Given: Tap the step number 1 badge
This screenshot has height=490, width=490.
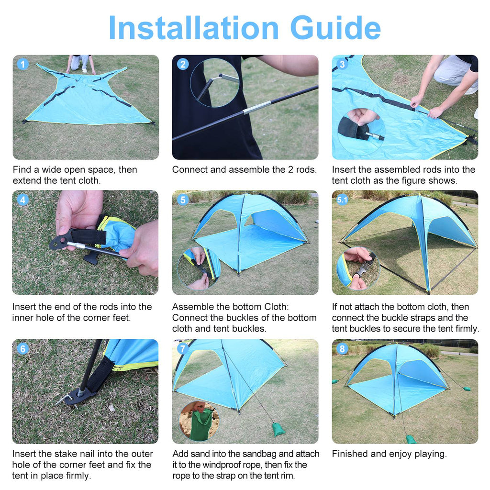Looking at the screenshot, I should (22, 64).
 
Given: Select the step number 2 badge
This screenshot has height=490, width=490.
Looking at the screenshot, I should (183, 64).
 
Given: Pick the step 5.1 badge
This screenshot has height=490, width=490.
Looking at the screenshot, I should (342, 200).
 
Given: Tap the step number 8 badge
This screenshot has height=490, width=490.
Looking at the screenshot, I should (342, 349).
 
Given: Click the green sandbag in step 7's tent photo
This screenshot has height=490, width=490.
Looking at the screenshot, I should (278, 429).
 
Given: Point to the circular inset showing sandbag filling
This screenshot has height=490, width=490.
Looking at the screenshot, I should (199, 421).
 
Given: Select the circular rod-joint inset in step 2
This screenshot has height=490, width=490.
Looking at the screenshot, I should (214, 83).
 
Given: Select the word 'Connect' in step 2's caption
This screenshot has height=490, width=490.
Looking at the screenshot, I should (189, 169).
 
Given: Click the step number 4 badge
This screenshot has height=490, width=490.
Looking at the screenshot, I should (22, 200).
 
